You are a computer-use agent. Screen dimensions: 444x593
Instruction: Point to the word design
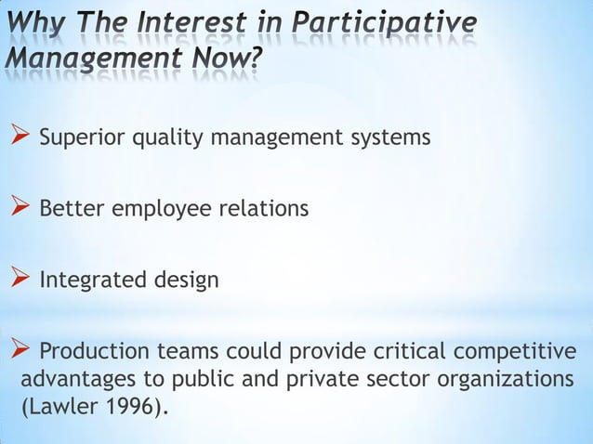[x=190, y=281]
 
